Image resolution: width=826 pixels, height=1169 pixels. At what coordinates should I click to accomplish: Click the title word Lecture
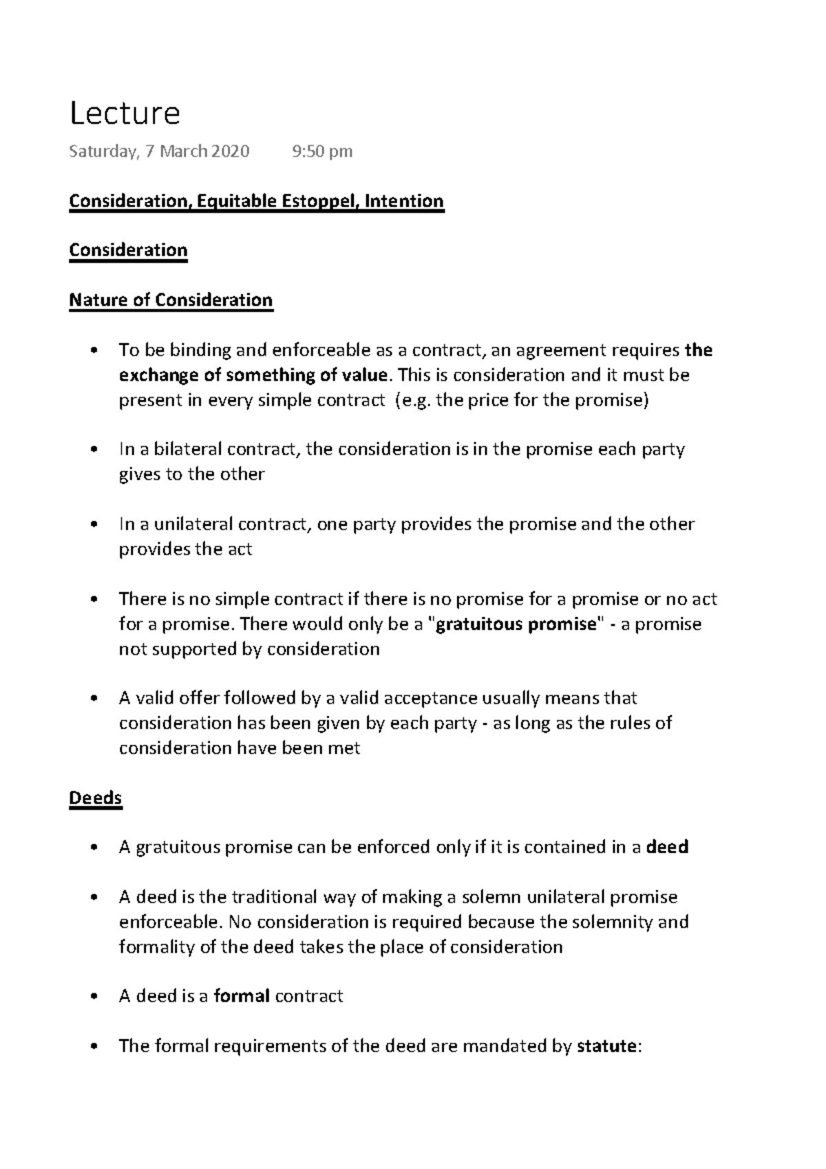125,114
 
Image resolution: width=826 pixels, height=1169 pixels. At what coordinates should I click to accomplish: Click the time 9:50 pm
322,151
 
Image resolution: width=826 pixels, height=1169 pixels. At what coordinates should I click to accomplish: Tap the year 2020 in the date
231,151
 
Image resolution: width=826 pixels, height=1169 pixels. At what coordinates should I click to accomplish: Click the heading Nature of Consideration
171,300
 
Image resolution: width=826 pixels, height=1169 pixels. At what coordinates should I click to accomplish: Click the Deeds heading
96,798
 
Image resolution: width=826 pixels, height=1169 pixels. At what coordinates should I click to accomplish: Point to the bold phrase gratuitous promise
516,624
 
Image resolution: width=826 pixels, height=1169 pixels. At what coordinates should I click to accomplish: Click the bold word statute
606,1046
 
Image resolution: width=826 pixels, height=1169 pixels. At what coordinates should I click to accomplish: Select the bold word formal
241,996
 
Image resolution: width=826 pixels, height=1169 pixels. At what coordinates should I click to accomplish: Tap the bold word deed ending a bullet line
668,847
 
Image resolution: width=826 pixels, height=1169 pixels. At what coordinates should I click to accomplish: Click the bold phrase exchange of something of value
253,375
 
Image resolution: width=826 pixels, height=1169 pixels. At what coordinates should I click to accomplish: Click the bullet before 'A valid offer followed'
95,699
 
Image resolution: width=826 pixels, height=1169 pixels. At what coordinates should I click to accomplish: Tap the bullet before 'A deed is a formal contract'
95,997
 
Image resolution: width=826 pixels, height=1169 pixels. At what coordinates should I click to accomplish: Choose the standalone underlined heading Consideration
128,250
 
